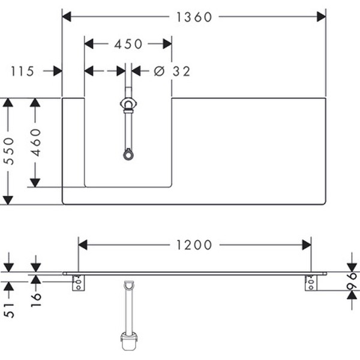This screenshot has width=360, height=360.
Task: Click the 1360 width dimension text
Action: [194, 17]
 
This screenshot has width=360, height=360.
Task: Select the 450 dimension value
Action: [128, 44]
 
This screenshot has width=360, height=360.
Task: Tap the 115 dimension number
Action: [22, 71]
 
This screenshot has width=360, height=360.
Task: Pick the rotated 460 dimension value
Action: [36, 142]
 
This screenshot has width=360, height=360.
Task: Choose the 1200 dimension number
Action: [194, 245]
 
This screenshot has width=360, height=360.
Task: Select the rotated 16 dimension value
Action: [35, 297]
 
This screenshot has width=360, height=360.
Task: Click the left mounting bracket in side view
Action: [77, 283]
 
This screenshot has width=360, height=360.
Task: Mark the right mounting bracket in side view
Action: [310, 282]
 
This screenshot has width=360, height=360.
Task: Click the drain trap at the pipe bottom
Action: [129, 340]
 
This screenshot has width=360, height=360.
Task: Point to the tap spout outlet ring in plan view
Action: [128, 155]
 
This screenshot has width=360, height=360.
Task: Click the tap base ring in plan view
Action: [128, 105]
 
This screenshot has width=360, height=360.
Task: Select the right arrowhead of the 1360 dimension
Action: [321, 17]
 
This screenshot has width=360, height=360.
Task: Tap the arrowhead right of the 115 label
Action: [58, 71]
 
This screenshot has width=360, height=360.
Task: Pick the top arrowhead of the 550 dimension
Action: [8, 103]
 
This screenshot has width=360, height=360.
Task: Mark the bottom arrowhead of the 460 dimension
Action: [35, 181]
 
